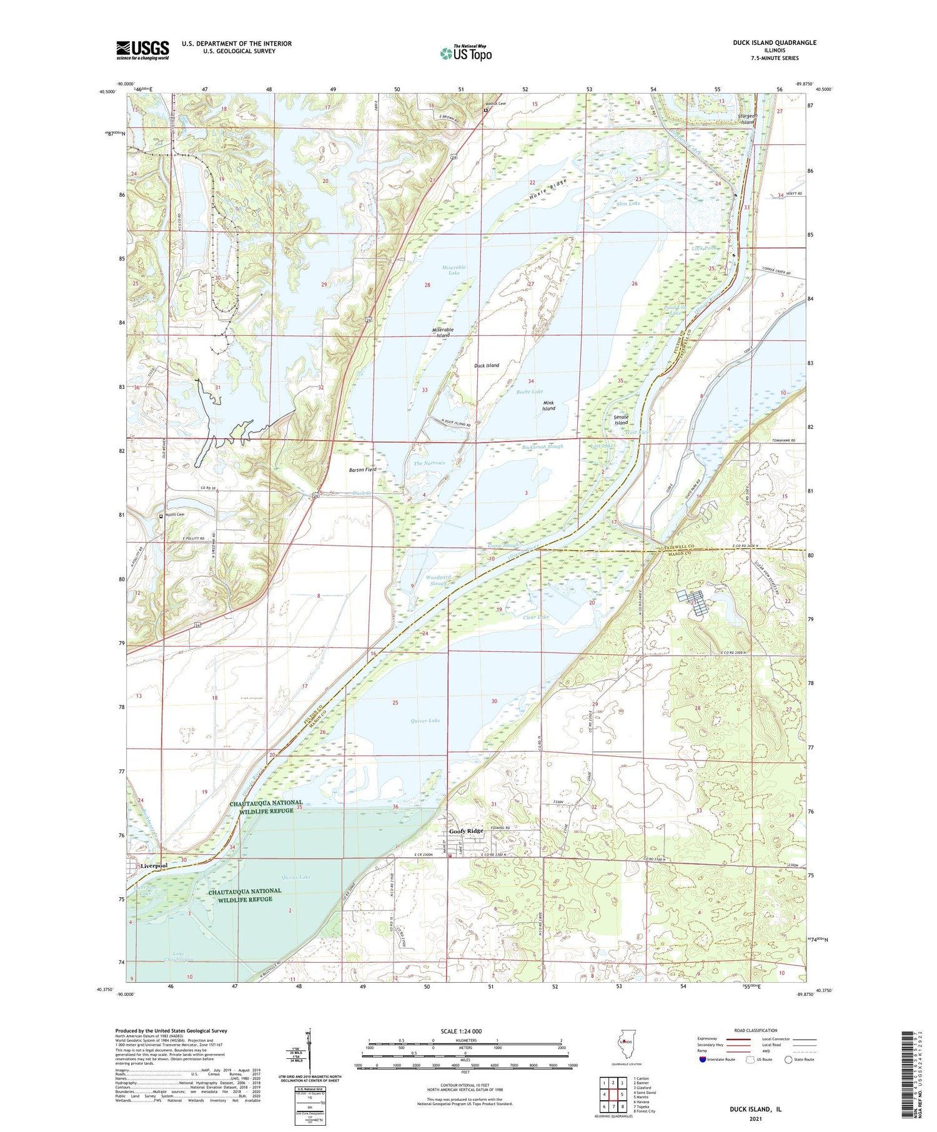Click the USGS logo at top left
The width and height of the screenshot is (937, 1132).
(x=142, y=50)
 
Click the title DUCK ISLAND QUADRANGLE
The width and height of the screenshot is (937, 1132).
(x=774, y=42)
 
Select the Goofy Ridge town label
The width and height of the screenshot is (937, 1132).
(x=467, y=831)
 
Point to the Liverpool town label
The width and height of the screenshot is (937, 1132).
(x=154, y=866)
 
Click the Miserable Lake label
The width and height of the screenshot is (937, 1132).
(x=454, y=270)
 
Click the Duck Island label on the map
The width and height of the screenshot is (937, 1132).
(x=487, y=365)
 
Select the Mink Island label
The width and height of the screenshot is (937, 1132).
(x=548, y=405)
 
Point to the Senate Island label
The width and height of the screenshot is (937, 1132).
(x=621, y=420)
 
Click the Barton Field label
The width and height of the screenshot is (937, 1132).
(x=362, y=469)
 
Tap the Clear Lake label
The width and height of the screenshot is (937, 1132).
(x=535, y=617)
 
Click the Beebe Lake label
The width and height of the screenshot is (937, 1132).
(x=529, y=391)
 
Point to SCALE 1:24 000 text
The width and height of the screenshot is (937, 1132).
(x=461, y=1031)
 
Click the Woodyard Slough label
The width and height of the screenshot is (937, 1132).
(x=446, y=580)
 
